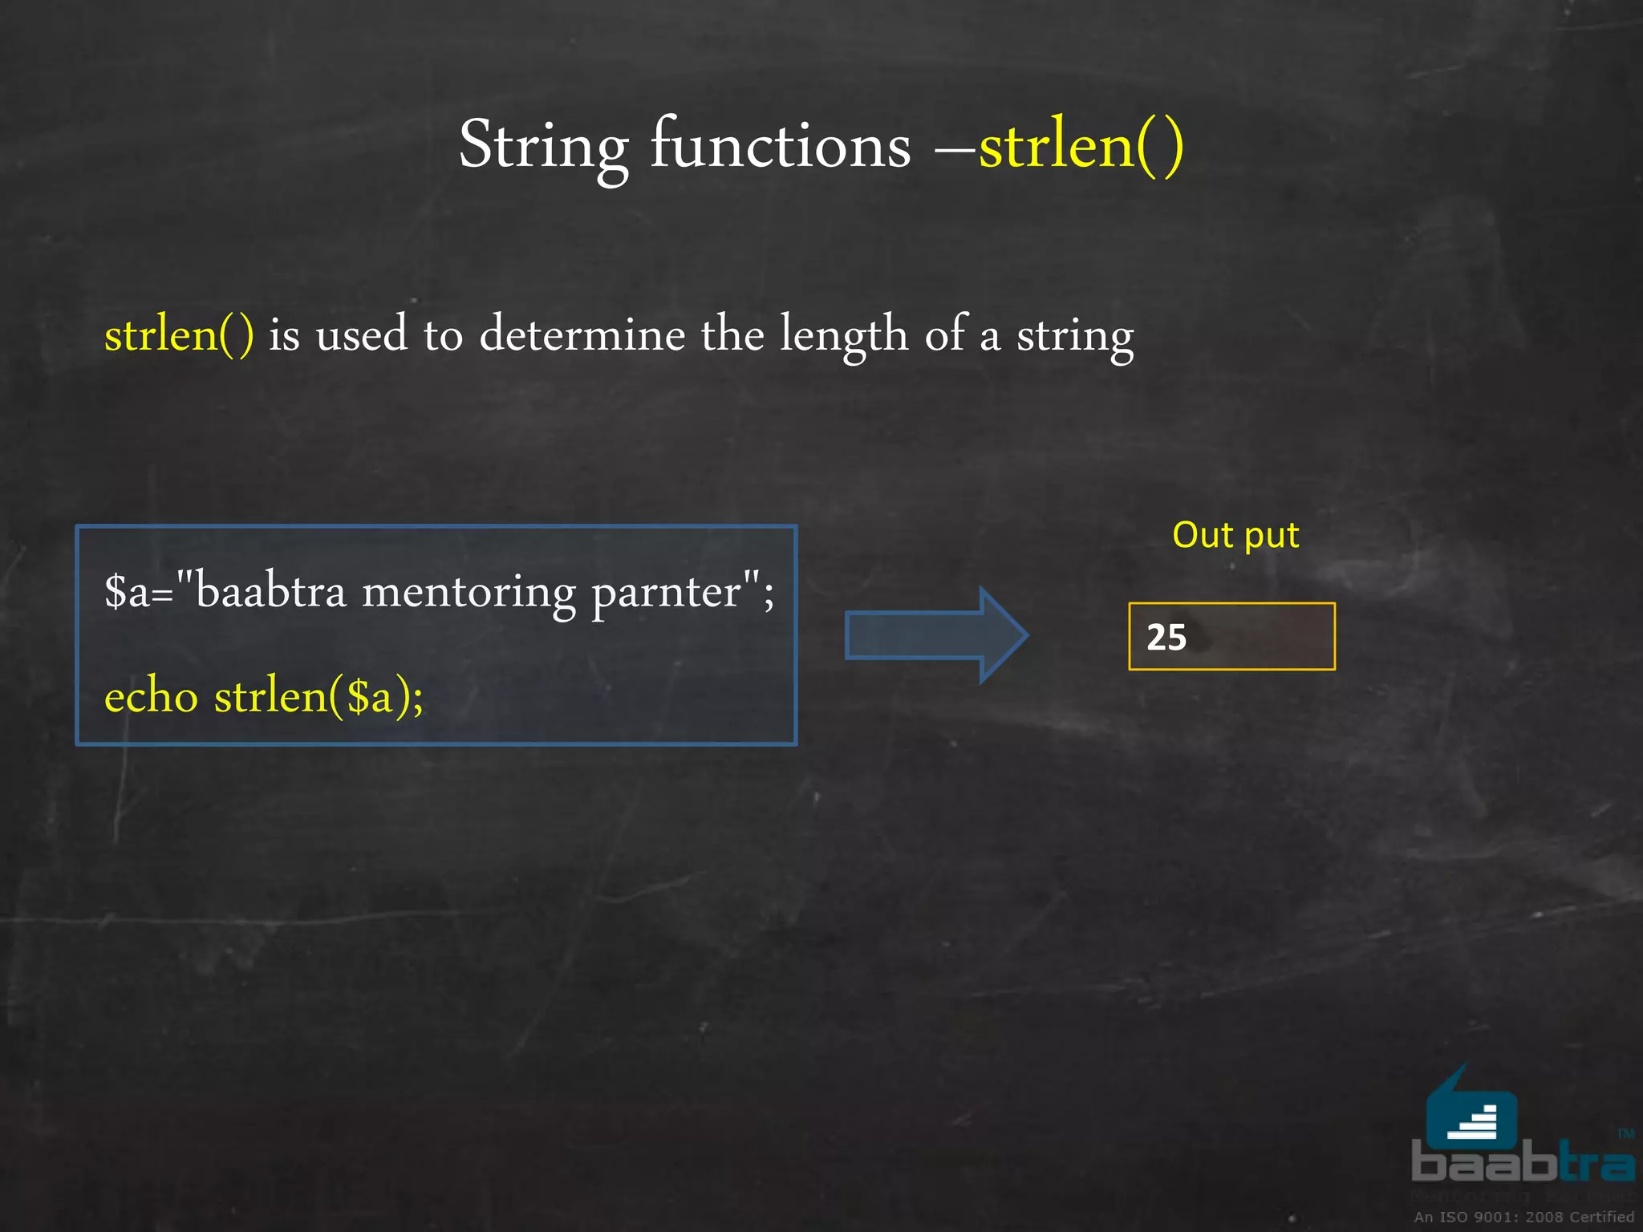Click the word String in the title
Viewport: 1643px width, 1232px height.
pos(542,147)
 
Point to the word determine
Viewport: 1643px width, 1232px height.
pos(582,334)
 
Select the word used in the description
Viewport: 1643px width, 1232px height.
pos(362,334)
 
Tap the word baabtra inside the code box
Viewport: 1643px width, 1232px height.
pos(271,592)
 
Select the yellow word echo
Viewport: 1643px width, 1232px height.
pos(151,695)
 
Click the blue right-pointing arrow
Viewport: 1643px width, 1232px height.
pos(935,635)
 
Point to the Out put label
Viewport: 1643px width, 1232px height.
pos(1235,535)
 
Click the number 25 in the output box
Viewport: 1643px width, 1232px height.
pos(1166,638)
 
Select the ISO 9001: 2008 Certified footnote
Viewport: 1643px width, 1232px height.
pos(1523,1217)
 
